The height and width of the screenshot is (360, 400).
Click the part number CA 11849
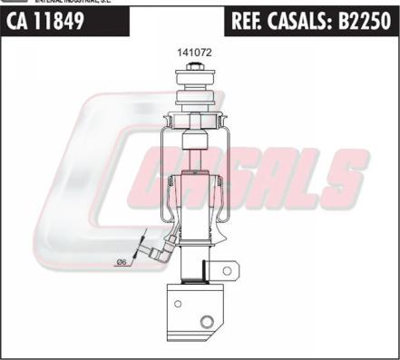point(45,21)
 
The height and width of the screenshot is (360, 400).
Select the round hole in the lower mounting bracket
point(207,323)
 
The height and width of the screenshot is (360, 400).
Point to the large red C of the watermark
point(82,181)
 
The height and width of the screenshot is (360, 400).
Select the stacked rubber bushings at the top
point(193,95)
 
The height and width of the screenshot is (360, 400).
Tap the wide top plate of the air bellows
point(193,118)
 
